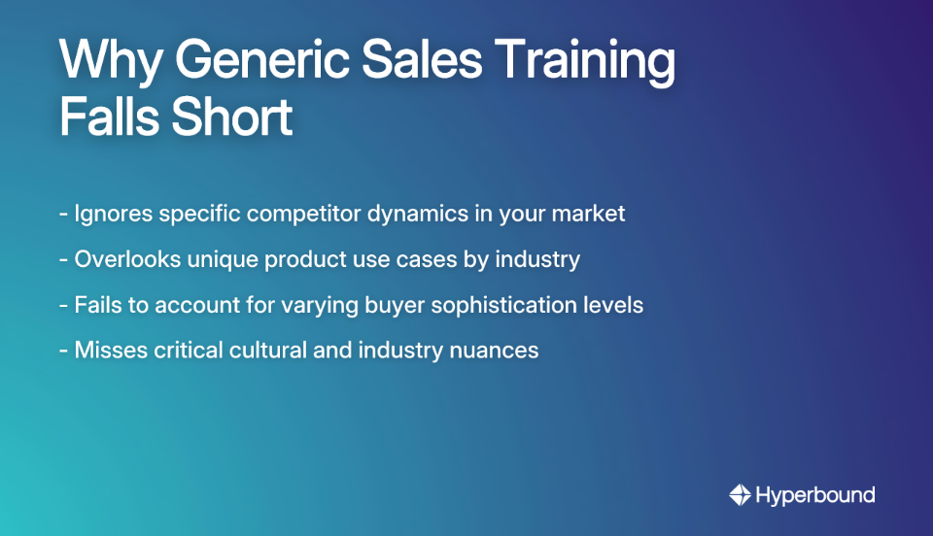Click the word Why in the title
109,62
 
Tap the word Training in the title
596,62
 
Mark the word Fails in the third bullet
97,304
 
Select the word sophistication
500,304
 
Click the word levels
613,304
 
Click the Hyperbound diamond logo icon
740,495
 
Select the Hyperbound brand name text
815,495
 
